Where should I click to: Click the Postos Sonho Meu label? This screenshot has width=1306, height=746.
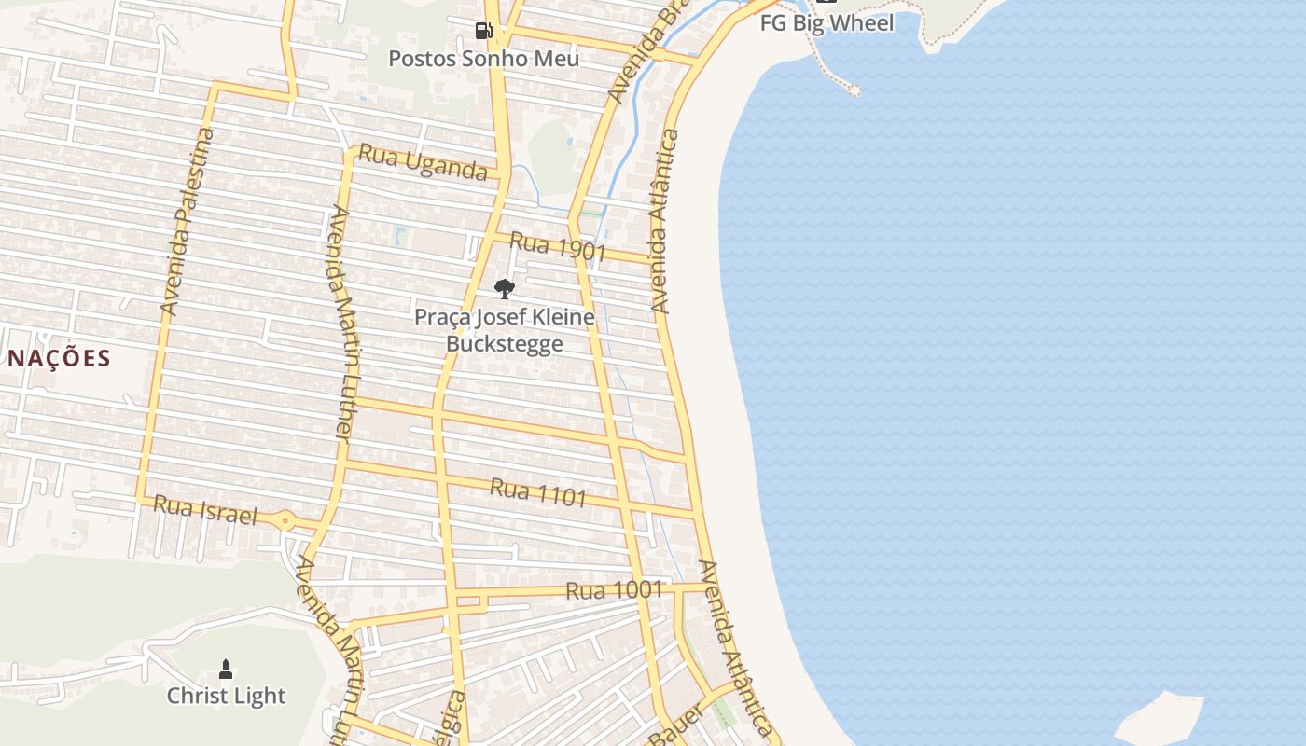pos(483,59)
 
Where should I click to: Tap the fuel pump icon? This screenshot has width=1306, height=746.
pos(483,31)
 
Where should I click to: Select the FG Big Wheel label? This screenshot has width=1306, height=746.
pos(827,22)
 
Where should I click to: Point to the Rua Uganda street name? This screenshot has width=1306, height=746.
pos(423,162)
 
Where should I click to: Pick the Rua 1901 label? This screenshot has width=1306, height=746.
pos(559,247)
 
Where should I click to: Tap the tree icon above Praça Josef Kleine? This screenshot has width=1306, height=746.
pos(504,288)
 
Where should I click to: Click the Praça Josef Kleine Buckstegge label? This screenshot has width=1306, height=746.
pos(504,330)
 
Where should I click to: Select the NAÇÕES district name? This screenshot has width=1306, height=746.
pos(59,358)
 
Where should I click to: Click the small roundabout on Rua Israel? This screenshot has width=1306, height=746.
pos(285,521)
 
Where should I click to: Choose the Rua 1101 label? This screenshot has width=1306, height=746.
pos(538,491)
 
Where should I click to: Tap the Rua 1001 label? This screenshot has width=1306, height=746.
pos(614,590)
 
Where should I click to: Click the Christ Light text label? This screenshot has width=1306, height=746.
pos(226,696)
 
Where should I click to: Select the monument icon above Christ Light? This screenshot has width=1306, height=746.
pos(225,669)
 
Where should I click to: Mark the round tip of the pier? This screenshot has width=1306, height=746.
pos(854,90)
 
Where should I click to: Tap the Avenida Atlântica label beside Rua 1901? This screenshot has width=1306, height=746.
pos(665,220)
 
